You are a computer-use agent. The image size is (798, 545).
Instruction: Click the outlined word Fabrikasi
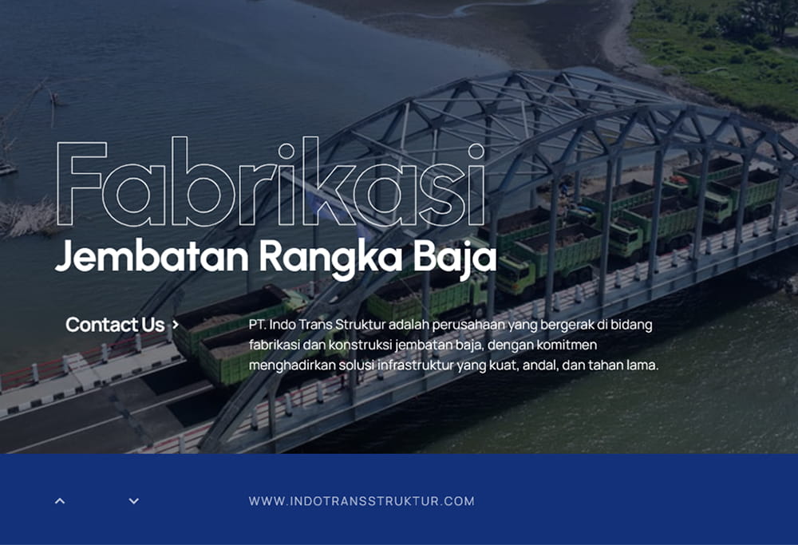(270, 181)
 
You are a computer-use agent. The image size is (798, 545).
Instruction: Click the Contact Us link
(115, 325)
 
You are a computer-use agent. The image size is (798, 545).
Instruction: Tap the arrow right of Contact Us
(176, 324)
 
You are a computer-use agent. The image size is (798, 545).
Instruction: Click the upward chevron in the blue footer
(60, 501)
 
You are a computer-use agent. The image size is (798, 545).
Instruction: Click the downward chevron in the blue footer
(134, 501)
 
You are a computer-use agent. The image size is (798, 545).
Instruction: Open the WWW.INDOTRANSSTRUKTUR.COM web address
(361, 501)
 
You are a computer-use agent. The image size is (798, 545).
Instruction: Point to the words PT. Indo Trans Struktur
(317, 325)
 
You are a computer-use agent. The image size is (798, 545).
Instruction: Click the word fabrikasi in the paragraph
(274, 345)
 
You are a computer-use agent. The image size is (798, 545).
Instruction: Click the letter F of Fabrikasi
(81, 184)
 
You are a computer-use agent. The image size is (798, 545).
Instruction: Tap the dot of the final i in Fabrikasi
(476, 151)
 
